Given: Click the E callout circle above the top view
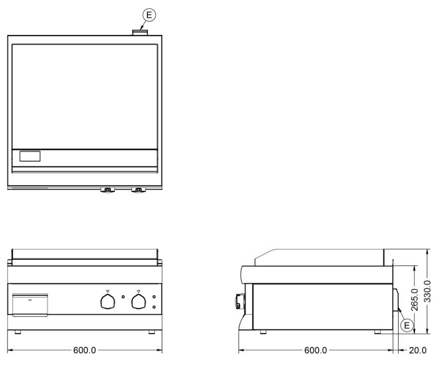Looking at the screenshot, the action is pos(149,15).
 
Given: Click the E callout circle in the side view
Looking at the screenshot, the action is pos(407,325).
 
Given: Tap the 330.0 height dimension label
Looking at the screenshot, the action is pos(427,291).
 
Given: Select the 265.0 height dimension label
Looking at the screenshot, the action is pos(415,300).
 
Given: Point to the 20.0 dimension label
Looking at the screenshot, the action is pos(418,350).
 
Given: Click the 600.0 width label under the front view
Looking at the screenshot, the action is pos(84,350).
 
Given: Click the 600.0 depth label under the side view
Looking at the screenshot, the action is pos(315,350).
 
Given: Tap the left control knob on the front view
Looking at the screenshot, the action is pos(108,302).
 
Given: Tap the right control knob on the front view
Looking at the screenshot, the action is pos(139,302).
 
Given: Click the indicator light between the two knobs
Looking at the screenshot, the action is pos(123,297).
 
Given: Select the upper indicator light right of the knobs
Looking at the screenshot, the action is pos(154,297).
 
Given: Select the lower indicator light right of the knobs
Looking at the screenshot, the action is pos(154,307).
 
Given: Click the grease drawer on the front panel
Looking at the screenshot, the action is pos(30,305).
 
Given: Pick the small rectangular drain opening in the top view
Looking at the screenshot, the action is pos(30,156).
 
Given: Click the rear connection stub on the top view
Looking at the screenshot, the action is pos(140,33).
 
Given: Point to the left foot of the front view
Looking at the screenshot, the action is pos(18,332).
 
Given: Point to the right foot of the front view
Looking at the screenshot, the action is pos(151,332).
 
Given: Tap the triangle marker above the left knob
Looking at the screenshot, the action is pos(108,291).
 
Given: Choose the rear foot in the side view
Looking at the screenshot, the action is pos(377,332).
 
